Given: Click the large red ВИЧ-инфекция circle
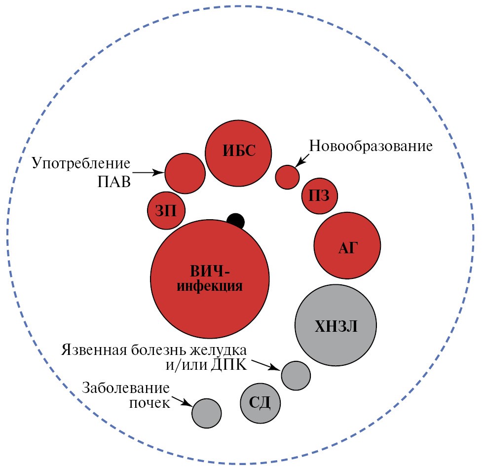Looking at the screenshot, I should point(209,279).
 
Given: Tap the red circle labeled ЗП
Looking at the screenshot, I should point(166,211).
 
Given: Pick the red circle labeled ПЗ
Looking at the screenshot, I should point(320,196).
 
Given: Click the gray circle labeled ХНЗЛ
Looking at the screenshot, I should point(335,325).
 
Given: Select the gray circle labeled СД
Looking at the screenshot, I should point(260,403).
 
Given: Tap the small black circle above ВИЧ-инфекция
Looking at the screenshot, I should point(235,220).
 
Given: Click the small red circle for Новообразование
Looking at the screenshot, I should point(287,177).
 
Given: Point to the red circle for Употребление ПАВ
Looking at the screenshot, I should point(185,173).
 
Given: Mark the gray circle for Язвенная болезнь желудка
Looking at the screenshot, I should point(296,375).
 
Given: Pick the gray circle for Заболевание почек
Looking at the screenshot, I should point(207,413).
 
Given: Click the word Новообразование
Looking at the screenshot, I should point(371,146).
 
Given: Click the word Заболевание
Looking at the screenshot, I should point(126,387).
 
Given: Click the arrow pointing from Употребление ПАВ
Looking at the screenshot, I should point(149,173).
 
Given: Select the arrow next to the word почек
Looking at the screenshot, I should point(183,402).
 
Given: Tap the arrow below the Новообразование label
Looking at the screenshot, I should point(302,159).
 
